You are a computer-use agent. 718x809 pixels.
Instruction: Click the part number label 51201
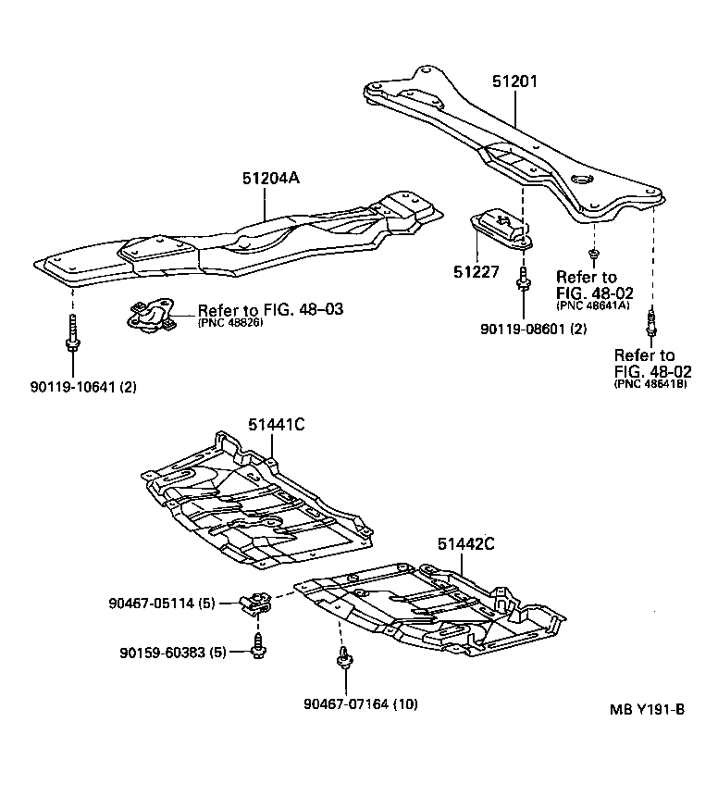[x=514, y=82]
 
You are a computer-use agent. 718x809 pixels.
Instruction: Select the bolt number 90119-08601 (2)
[x=533, y=329]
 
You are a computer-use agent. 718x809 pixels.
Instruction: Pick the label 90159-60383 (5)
[x=173, y=653]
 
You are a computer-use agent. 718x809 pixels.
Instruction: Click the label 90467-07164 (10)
[x=360, y=704]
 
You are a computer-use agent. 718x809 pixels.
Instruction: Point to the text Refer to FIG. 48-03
[x=270, y=309]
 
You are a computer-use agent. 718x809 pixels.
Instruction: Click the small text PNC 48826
[x=231, y=323]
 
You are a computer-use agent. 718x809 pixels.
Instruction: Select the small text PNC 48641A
[x=591, y=305]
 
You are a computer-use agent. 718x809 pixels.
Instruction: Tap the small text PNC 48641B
[x=651, y=384]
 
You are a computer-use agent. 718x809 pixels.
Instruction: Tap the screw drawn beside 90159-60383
[x=257, y=645]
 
